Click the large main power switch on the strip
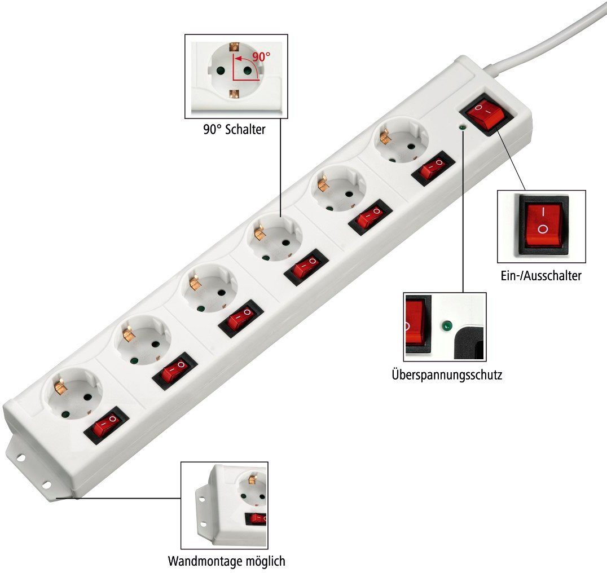486,114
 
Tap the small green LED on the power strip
461,127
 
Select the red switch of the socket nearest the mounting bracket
106,425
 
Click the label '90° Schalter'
234,129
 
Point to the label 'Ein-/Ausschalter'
541,275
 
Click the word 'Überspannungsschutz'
447,374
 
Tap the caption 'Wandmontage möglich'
226,561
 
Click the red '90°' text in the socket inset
261,56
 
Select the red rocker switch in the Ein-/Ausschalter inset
543,225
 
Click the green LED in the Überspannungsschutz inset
447,326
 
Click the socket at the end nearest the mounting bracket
73,395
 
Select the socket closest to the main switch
401,141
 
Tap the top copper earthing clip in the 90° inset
233,47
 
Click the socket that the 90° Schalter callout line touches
275,237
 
